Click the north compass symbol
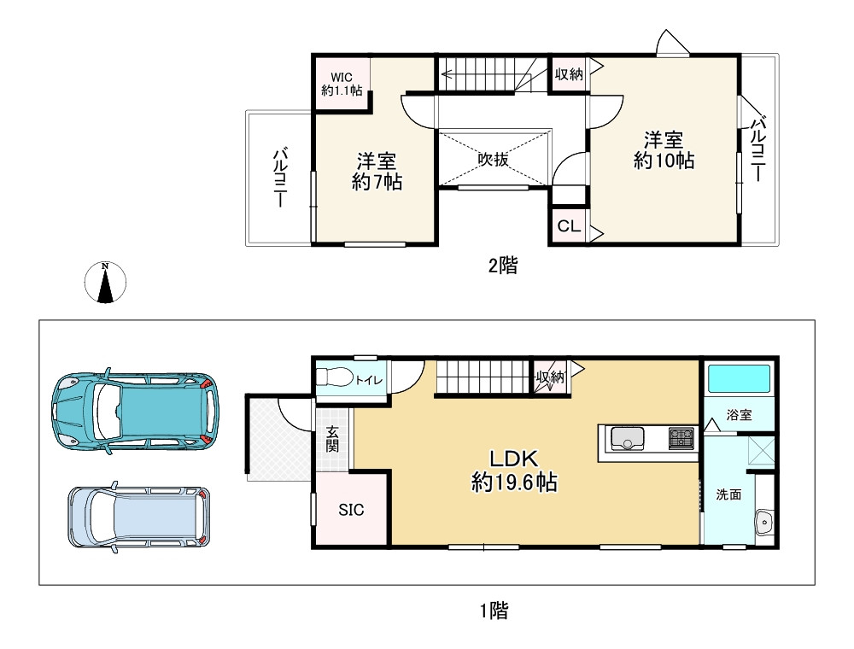click(x=105, y=283)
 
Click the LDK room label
click(x=515, y=469)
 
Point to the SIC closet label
click(x=351, y=510)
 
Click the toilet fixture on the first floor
click(x=334, y=377)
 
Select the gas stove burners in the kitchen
click(x=681, y=438)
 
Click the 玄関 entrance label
click(x=332, y=440)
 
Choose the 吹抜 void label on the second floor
click(x=493, y=159)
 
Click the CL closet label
click(x=568, y=227)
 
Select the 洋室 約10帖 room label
click(x=664, y=149)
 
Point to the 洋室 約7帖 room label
click(x=377, y=171)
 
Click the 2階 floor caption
click(x=502, y=266)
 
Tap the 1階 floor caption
click(x=494, y=611)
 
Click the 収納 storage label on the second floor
click(x=568, y=74)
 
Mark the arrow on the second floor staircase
click(x=447, y=74)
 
